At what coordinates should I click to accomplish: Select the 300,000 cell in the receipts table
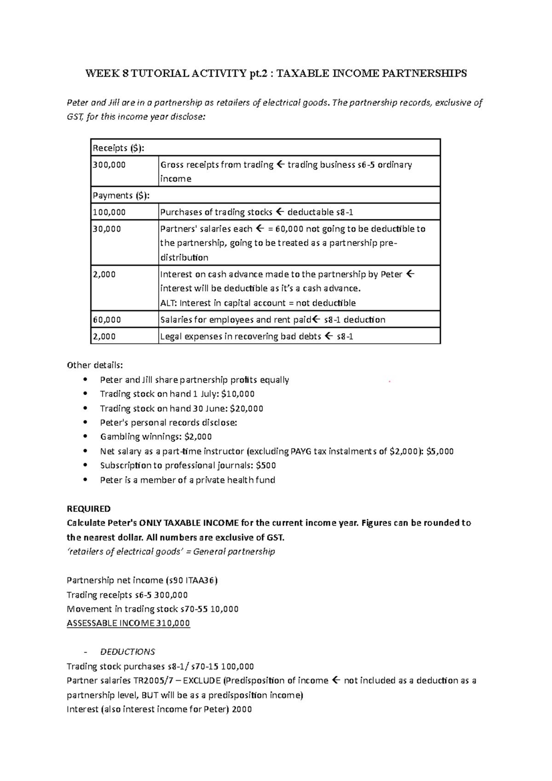(x=109, y=165)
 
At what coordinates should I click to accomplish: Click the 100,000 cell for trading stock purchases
(x=109, y=212)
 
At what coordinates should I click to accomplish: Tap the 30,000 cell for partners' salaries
(x=107, y=229)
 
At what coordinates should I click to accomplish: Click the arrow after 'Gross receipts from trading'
(x=280, y=165)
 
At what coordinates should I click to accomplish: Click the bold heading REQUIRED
(x=89, y=509)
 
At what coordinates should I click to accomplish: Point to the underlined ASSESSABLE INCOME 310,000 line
(x=128, y=623)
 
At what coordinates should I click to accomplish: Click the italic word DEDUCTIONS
(x=127, y=652)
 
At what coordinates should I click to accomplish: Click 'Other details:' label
(x=95, y=365)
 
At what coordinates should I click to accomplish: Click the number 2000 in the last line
(x=242, y=709)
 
